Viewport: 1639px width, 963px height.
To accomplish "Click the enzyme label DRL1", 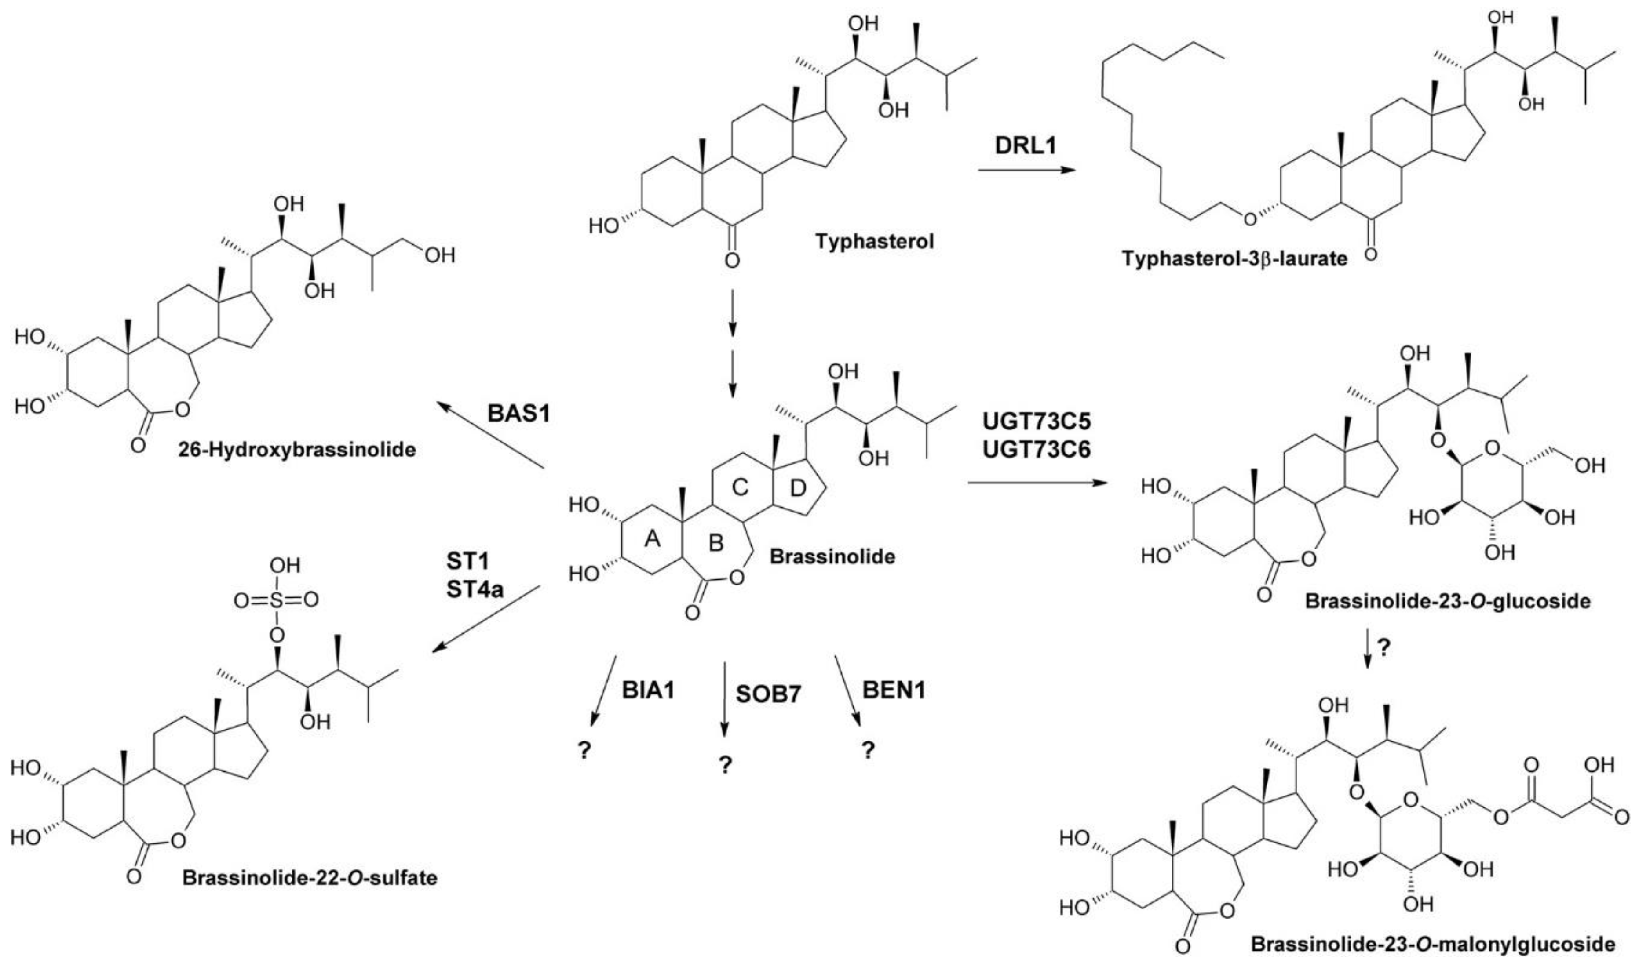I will point(1026,145).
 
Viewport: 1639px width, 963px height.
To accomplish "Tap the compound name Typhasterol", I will point(874,241).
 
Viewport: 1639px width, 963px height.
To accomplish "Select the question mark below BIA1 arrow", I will point(584,751).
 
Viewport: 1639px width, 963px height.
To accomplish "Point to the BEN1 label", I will point(893,690).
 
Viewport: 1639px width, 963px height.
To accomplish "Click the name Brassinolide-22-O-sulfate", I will point(310,877).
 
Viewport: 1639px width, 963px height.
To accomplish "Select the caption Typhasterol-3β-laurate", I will point(1234,259).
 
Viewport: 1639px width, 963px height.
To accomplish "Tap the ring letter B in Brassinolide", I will point(715,542).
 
